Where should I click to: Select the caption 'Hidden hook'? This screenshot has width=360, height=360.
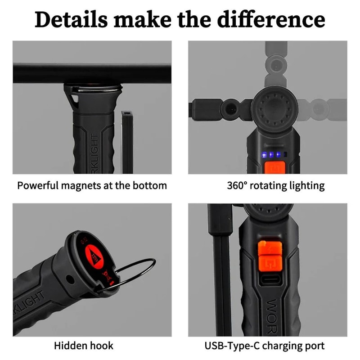click(x=84, y=346)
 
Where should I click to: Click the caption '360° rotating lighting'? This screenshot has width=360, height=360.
click(x=276, y=185)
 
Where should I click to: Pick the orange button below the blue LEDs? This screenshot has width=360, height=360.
click(x=273, y=167)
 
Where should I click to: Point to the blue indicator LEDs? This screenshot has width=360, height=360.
click(x=271, y=154)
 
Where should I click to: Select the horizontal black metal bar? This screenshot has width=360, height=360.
click(x=92, y=72)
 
